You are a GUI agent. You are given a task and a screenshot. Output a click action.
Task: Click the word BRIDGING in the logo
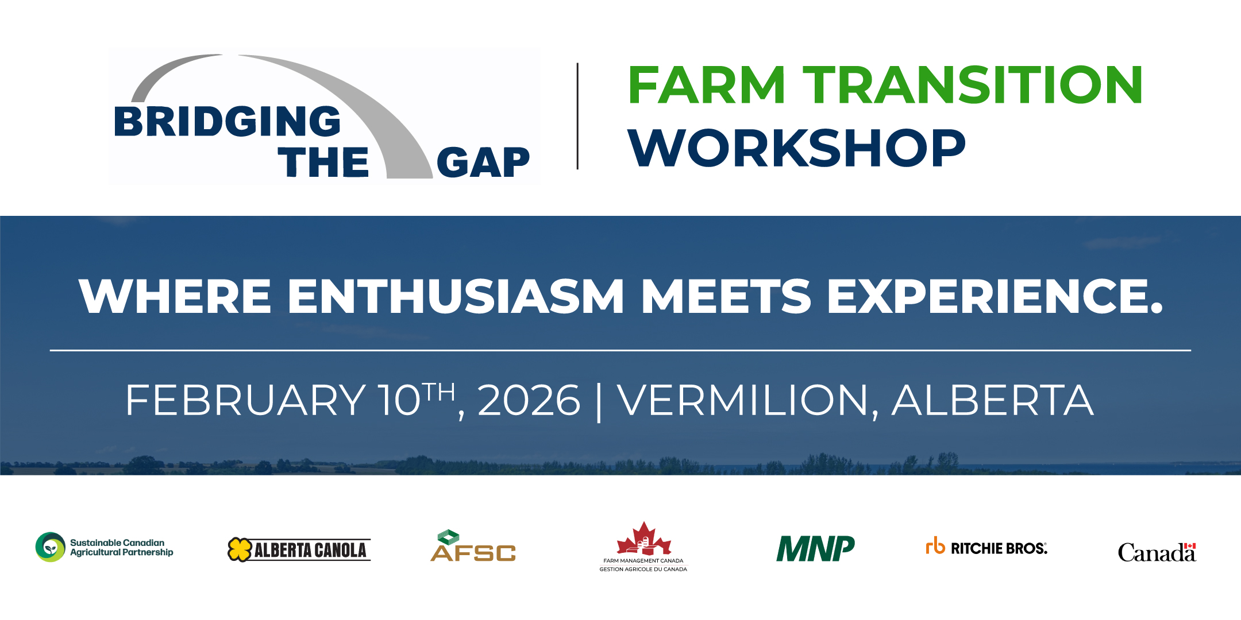coord(228,122)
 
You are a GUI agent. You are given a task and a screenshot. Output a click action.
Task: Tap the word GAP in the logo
coord(483,162)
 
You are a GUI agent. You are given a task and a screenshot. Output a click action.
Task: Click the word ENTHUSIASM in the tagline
coord(456,296)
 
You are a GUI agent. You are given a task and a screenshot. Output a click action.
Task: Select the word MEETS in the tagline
coord(726,296)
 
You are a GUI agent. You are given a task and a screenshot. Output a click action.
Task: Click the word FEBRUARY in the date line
coord(245,400)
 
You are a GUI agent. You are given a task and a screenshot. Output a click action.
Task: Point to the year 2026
coord(529,400)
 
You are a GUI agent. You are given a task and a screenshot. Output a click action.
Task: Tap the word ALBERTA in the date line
coord(993,400)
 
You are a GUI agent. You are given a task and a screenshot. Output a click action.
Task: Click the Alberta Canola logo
coord(299,550)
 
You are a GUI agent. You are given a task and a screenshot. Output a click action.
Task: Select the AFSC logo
coord(473,545)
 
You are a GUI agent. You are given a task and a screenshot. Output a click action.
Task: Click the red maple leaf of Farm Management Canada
coord(643,538)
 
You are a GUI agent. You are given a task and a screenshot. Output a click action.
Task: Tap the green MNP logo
coord(816,548)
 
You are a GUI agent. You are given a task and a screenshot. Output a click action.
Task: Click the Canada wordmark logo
coord(1157,552)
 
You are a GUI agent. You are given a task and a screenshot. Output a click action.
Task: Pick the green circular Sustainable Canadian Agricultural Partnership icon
coord(51,547)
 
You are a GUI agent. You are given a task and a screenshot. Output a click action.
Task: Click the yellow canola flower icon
coord(240,550)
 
